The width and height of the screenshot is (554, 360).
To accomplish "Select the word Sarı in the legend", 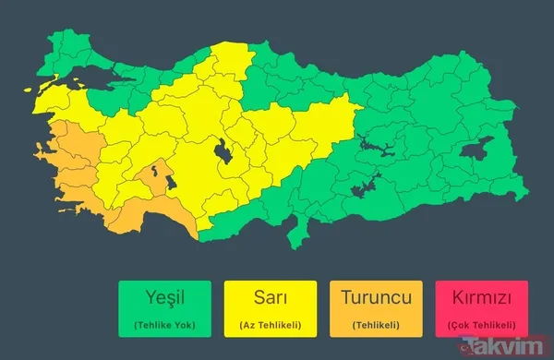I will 270,299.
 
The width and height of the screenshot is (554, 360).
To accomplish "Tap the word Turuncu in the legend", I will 376,299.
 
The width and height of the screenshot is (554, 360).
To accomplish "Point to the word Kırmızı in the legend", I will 482,299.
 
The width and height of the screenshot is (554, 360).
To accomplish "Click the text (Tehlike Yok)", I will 164,325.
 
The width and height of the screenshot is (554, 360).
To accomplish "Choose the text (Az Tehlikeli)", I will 270,325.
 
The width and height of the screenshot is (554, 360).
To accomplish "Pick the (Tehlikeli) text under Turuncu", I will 376,325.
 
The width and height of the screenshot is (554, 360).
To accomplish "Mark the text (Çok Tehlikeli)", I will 482,325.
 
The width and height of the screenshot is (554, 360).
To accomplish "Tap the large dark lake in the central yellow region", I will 223,150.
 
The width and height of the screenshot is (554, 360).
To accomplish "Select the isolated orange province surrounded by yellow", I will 153,175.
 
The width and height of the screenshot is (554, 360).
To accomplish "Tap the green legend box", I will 164,309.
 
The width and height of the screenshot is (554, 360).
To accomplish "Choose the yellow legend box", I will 270,309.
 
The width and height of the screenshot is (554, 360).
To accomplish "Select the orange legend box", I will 376,309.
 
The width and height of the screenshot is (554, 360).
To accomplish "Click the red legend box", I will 482,309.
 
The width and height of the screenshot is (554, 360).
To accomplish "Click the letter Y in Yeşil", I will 148,299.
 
